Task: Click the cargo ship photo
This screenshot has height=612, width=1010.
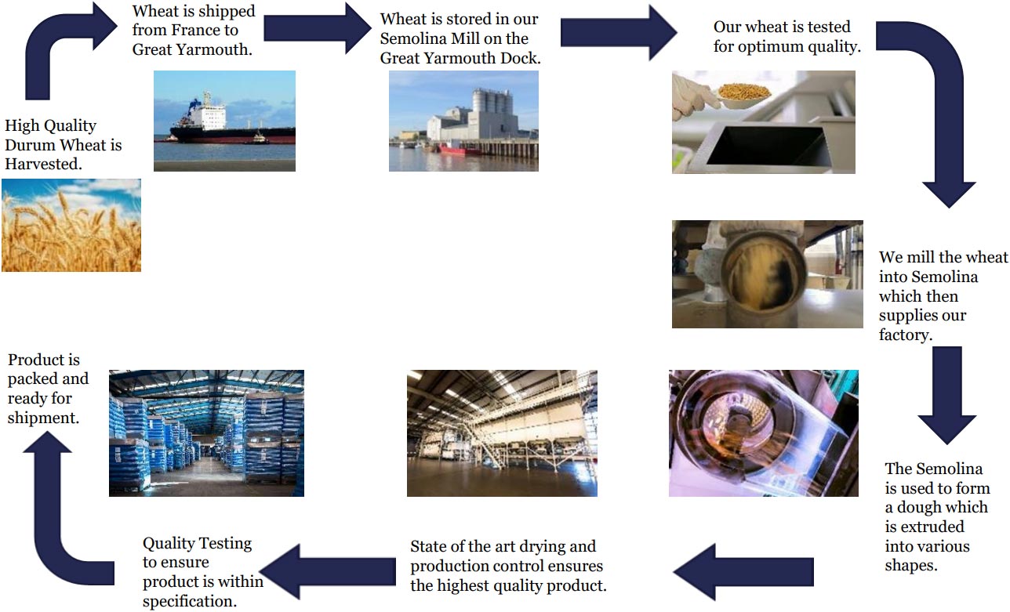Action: click(224, 121)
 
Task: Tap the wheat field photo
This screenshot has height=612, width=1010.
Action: click(71, 225)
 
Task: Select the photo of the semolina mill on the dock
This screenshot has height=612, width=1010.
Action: click(463, 121)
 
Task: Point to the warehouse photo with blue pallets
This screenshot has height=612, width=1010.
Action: click(206, 433)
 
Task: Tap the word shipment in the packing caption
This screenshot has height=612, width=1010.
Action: click(43, 418)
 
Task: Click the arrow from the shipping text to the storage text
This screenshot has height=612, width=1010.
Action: click(318, 28)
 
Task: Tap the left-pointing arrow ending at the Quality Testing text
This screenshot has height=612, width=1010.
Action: click(329, 572)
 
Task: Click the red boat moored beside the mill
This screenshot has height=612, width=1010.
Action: click(459, 149)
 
